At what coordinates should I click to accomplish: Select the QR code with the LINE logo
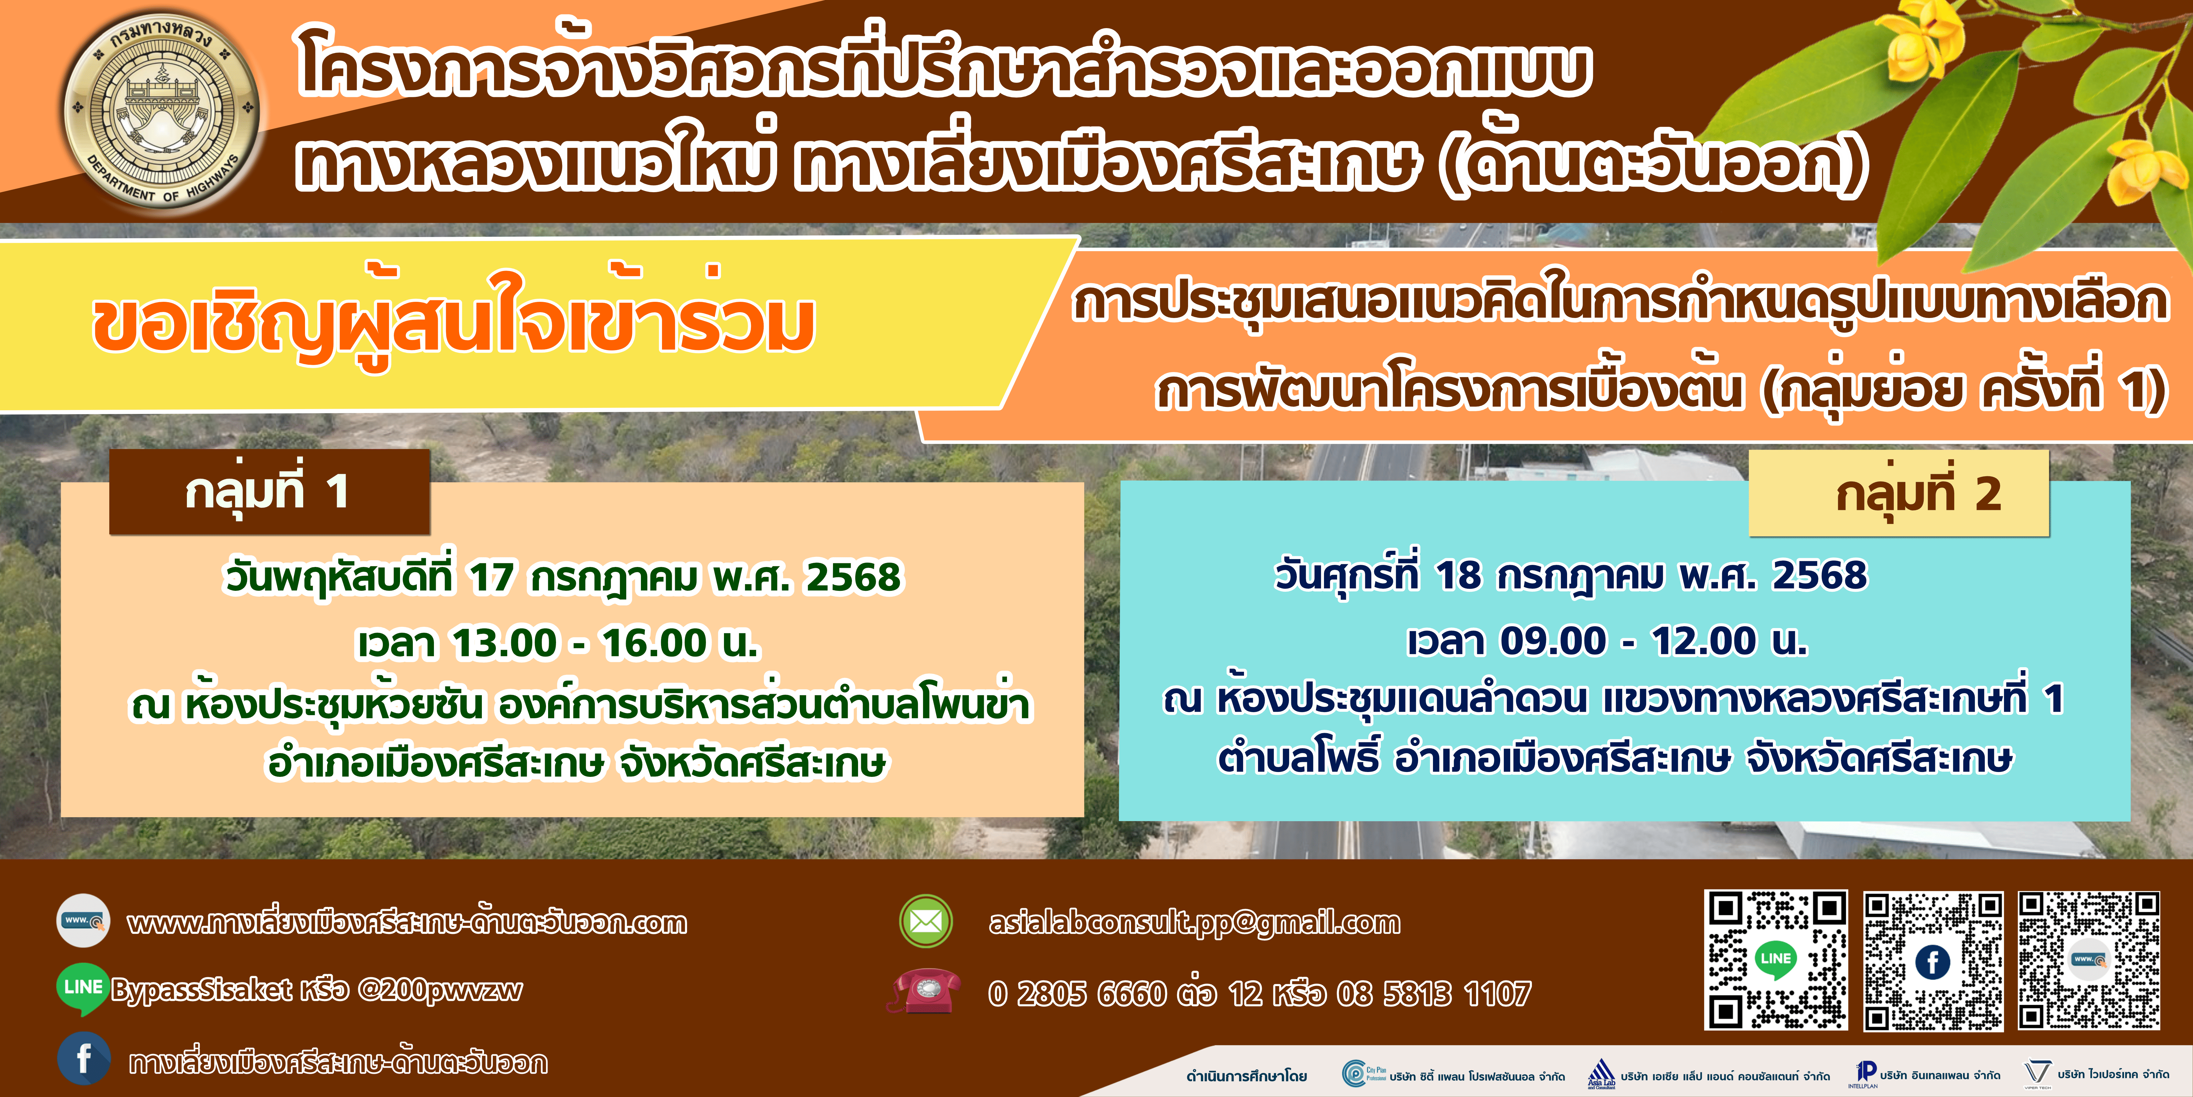point(1776,960)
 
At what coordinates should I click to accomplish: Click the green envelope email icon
point(926,922)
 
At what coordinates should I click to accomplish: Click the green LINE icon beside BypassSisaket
point(82,989)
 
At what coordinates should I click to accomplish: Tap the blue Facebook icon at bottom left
point(83,1059)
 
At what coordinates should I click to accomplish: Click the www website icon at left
point(82,921)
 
